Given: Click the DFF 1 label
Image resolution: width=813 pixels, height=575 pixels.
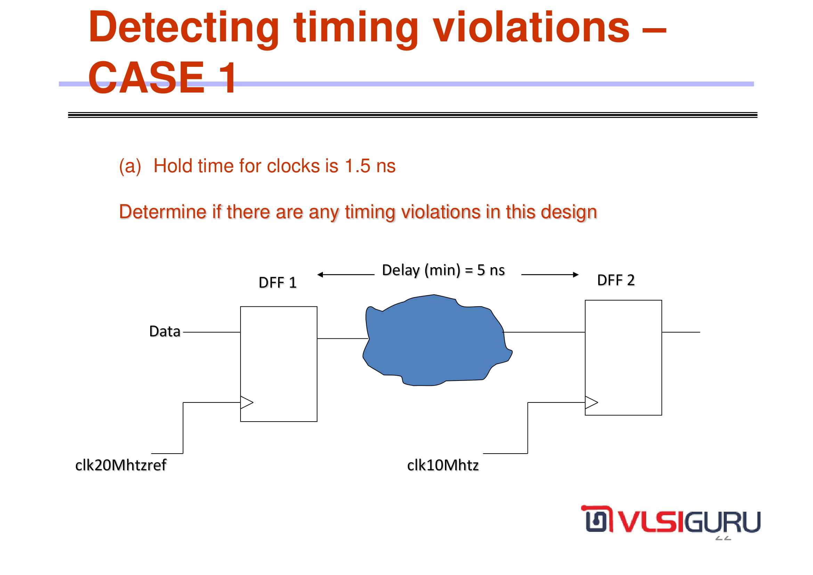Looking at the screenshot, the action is [x=278, y=283].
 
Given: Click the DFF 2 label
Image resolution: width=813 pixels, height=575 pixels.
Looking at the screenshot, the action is [x=616, y=280].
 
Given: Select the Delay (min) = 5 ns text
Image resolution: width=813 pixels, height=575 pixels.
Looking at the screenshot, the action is [x=443, y=270].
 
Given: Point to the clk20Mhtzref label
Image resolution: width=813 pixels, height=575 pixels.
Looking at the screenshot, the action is [x=121, y=465].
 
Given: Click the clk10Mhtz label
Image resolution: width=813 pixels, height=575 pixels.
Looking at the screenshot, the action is [x=443, y=465].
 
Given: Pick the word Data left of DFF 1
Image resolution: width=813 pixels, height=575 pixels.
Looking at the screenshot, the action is [x=165, y=332].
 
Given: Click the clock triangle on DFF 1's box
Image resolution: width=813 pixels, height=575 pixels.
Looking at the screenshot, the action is [x=247, y=402].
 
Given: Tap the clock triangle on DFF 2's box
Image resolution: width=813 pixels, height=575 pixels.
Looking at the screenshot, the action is [x=591, y=402].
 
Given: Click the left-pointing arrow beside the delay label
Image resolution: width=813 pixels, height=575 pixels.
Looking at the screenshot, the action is [x=346, y=274].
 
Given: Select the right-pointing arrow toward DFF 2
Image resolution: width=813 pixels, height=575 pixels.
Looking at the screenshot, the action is [x=550, y=274].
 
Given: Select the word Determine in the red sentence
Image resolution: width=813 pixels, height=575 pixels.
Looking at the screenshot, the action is [x=163, y=211].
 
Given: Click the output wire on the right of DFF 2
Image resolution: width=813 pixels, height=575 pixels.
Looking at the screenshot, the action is [x=681, y=332].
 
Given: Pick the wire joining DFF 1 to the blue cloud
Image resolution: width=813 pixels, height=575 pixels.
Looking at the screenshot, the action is [x=343, y=339].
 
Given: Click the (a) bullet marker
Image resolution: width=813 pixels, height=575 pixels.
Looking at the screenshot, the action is [x=130, y=167].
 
